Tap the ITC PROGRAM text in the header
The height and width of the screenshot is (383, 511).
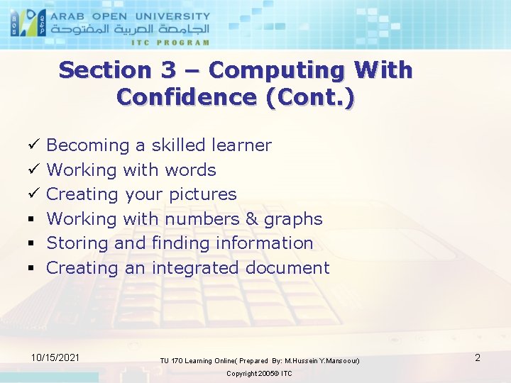(x=170, y=43)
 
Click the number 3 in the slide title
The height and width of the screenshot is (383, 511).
(x=167, y=70)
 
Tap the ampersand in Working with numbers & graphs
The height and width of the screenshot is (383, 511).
(x=252, y=219)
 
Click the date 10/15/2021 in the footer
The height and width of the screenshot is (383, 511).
(x=55, y=357)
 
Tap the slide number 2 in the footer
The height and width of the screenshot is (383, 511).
(x=478, y=357)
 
